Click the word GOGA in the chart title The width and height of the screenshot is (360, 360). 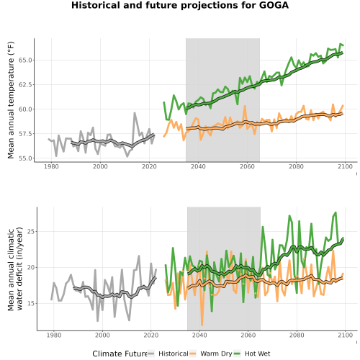point(274,5)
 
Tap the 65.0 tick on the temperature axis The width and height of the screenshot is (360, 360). point(25,60)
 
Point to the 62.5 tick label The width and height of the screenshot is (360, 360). point(25,85)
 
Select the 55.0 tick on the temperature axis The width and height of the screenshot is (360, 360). point(25,158)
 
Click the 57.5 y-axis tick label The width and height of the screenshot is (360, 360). point(25,134)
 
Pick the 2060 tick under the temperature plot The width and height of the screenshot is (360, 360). point(247,166)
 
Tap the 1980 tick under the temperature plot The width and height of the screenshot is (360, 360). point(51,166)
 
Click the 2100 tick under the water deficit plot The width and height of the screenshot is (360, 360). point(345,335)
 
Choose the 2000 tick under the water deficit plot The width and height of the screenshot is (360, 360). point(102,335)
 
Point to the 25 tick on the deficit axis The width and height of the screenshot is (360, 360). point(31,232)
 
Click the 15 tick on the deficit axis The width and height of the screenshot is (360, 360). point(31,303)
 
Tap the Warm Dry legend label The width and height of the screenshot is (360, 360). point(216,354)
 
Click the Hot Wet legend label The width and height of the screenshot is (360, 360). point(257,354)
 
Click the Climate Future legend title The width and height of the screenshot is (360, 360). point(120,354)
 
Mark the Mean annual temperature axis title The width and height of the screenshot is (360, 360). point(11,100)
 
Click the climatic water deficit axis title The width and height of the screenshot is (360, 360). point(15,269)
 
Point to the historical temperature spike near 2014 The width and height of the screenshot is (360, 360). point(135,113)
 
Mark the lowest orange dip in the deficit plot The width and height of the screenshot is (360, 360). point(202,325)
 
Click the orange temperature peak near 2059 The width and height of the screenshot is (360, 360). point(245,106)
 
